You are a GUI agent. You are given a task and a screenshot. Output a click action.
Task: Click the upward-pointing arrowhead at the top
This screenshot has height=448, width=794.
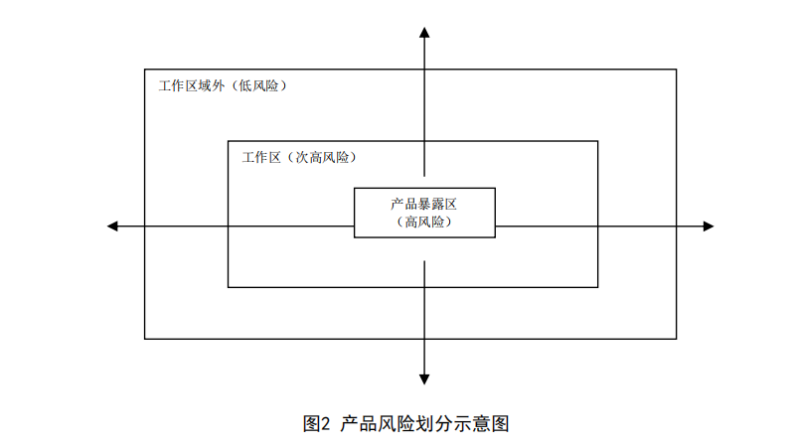424,34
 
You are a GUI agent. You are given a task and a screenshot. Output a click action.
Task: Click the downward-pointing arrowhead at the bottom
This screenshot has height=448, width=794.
424,378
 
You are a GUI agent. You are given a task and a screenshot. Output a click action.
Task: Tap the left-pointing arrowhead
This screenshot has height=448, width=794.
112,226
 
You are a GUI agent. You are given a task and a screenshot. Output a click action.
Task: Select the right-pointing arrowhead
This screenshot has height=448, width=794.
708,226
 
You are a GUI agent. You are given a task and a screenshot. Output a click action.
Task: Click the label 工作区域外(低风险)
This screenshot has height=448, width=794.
224,86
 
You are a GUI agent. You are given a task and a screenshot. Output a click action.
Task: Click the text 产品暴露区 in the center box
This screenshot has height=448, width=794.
424,203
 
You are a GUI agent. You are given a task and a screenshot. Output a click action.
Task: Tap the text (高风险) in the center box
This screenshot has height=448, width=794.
424,223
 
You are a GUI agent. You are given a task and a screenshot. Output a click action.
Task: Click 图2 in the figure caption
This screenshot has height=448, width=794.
315,423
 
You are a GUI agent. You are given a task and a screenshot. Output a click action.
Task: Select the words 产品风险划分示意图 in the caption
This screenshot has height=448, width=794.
424,423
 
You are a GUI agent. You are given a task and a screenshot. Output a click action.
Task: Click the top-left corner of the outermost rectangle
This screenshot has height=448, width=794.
145,70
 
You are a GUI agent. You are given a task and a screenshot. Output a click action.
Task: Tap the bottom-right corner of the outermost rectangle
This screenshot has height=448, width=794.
676,339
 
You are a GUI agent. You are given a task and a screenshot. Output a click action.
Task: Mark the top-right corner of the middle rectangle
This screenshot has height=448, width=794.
598,141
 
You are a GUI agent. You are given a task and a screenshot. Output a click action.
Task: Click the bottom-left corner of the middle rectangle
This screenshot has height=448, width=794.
229,287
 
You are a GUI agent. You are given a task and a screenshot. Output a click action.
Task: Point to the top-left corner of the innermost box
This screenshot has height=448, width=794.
355,187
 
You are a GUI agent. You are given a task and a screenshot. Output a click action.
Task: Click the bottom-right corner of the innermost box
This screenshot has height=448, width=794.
495,236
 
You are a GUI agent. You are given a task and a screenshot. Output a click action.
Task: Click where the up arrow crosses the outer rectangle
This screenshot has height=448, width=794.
424,70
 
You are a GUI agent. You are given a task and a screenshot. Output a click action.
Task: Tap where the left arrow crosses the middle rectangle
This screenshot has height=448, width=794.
229,226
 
